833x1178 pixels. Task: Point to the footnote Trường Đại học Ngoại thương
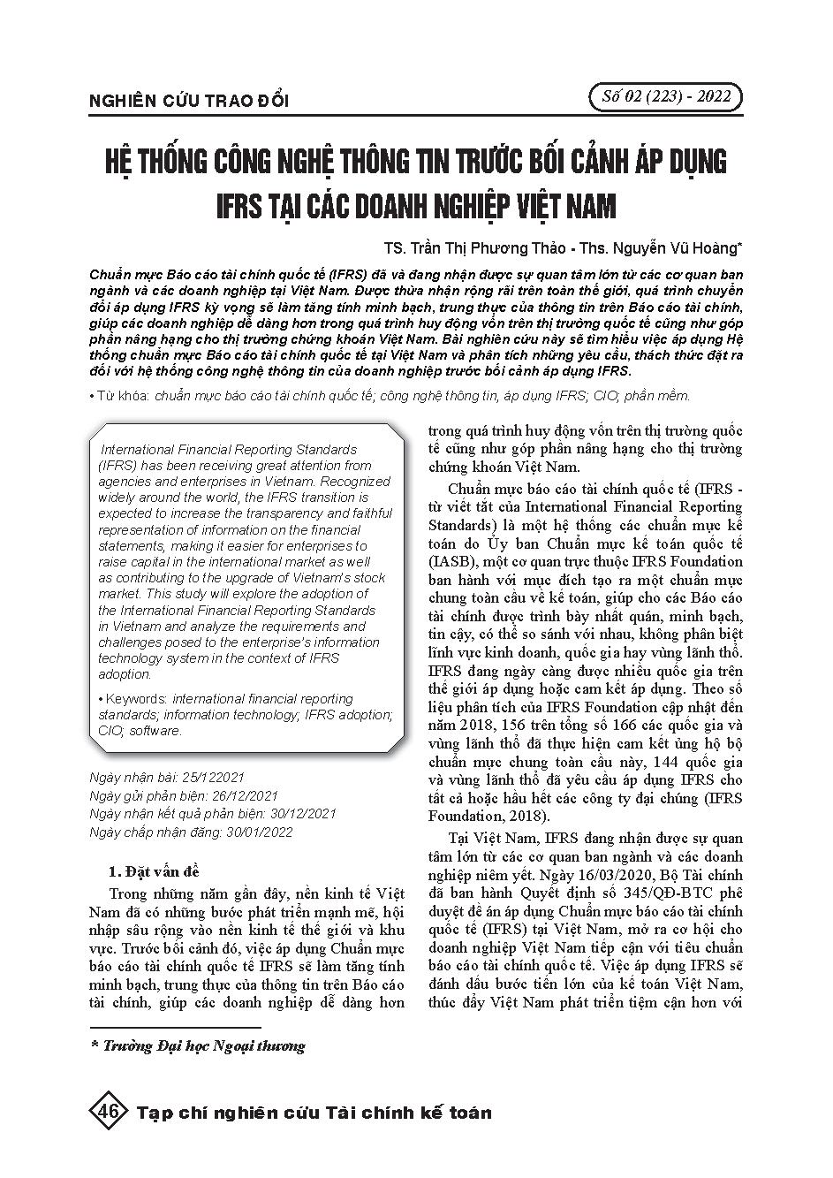[204, 1046]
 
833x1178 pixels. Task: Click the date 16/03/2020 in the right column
[607, 874]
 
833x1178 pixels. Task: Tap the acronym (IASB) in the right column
[453, 561]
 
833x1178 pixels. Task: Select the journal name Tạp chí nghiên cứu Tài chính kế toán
[314, 1112]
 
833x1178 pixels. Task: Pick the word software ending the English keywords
[154, 731]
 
